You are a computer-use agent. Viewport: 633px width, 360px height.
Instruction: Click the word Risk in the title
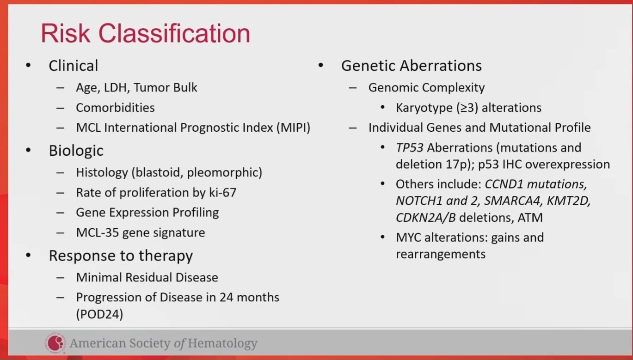click(x=66, y=33)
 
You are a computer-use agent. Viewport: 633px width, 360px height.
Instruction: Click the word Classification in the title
click(x=174, y=33)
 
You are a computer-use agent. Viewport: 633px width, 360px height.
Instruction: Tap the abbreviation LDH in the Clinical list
click(x=115, y=87)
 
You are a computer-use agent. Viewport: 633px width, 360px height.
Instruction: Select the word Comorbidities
click(x=115, y=108)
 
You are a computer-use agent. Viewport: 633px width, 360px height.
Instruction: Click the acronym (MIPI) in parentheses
click(x=293, y=128)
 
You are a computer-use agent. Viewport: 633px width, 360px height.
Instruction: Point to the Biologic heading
click(x=76, y=151)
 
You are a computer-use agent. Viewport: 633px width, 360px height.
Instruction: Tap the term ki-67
click(x=222, y=193)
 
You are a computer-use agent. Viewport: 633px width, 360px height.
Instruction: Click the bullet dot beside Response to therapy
click(x=28, y=255)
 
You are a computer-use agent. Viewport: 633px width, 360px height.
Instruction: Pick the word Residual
click(x=148, y=277)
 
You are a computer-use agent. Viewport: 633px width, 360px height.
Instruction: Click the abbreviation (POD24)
click(x=99, y=314)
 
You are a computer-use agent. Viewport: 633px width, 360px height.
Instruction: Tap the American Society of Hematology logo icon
click(x=55, y=342)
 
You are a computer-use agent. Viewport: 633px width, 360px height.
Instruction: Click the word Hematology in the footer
click(x=222, y=343)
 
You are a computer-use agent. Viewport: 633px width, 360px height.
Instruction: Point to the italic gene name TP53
click(x=410, y=148)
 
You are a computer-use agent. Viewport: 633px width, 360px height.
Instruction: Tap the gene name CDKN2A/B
click(x=425, y=218)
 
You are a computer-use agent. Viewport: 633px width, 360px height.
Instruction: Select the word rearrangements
click(x=441, y=254)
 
